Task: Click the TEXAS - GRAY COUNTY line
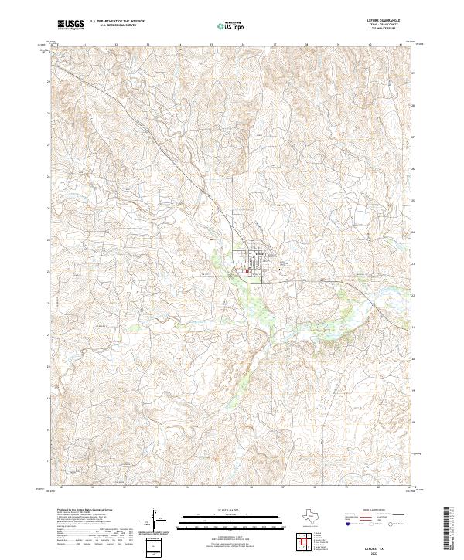[391, 26]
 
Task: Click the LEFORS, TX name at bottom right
[390, 545]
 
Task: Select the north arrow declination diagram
[158, 519]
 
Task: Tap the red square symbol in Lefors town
[247, 270]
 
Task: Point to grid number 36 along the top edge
[243, 45]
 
